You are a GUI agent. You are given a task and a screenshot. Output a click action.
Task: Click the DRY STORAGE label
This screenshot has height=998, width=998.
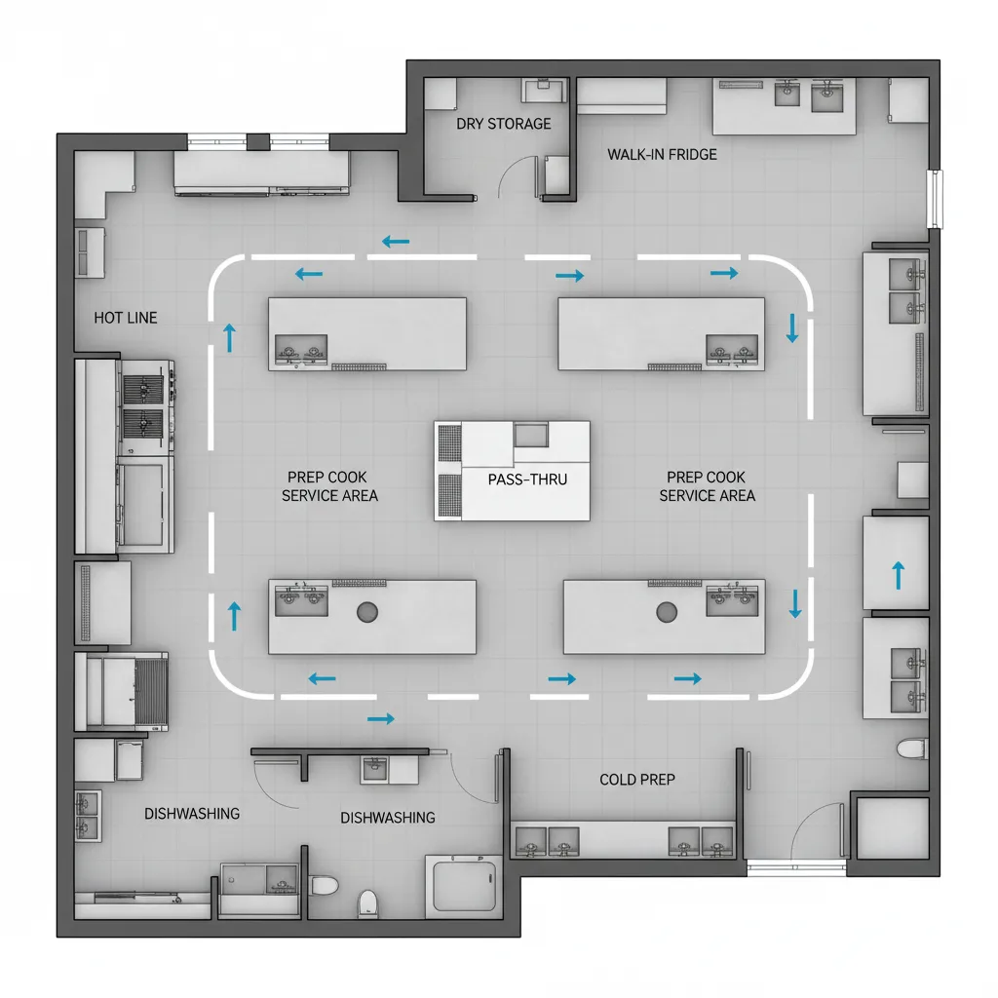point(503,124)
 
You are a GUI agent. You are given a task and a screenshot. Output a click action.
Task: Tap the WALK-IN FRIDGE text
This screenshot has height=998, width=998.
point(662,154)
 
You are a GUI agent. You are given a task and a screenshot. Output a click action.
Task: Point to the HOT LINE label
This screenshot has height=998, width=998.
point(125,318)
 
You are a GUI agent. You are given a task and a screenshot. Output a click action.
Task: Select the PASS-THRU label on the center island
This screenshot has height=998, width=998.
point(526,480)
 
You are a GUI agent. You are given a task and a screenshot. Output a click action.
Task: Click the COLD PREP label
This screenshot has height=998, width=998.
point(637,780)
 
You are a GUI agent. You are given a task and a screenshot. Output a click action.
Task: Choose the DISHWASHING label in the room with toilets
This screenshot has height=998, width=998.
point(387,818)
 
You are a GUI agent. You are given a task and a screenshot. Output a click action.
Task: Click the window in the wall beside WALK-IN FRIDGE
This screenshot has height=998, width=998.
point(936,199)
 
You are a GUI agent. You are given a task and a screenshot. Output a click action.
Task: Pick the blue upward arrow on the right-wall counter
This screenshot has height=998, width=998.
point(898,574)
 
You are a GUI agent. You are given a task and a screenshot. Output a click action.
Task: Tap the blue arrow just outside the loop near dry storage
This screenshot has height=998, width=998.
point(395,241)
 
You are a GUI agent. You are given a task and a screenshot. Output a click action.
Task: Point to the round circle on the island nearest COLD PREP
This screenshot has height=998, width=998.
point(667,612)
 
